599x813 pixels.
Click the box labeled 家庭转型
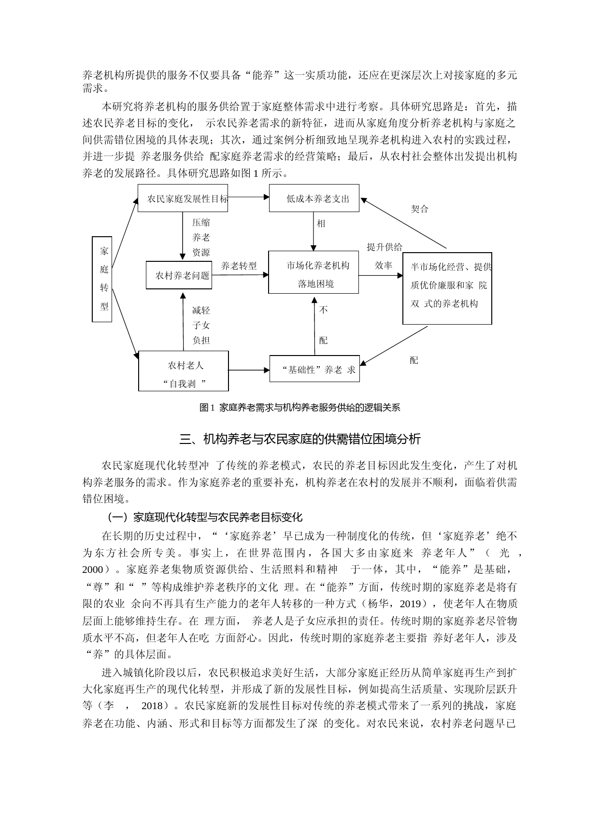[x=102, y=279]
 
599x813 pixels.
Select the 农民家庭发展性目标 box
[x=183, y=198]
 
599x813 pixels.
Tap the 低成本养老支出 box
[x=314, y=198]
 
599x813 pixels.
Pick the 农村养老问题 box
[x=179, y=275]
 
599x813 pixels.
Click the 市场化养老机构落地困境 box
[x=314, y=272]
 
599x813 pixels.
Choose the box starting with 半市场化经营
[x=447, y=288]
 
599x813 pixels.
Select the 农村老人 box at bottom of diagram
[x=184, y=371]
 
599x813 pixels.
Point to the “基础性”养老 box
[x=314, y=370]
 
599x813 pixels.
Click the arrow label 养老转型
[x=239, y=266]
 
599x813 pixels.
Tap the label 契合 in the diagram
[x=419, y=209]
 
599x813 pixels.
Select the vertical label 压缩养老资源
[x=201, y=237]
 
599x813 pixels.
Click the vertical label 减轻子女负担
[x=201, y=325]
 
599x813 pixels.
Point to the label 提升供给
[x=384, y=247]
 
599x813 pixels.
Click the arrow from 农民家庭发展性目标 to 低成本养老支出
[x=248, y=197]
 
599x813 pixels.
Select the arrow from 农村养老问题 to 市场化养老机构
[x=240, y=275]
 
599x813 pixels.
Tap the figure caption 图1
[x=299, y=408]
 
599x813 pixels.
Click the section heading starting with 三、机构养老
[x=299, y=439]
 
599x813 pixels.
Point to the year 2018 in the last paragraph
[x=152, y=706]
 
